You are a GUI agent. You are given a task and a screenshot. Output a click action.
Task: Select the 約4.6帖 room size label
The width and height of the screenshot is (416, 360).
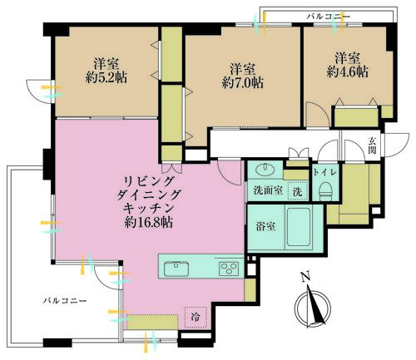tap(347, 72)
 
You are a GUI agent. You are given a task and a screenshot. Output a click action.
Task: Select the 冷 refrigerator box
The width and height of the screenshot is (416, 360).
tap(194, 317)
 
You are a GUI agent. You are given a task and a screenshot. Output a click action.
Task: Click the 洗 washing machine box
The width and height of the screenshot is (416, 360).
tap(296, 189)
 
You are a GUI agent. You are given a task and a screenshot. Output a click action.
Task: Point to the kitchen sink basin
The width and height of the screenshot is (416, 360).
tap(176, 268)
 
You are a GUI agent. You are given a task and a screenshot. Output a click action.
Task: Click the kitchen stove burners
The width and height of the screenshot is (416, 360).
tap(228, 268)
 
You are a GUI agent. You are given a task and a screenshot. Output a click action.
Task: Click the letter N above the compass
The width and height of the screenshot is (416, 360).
tap(305, 277)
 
